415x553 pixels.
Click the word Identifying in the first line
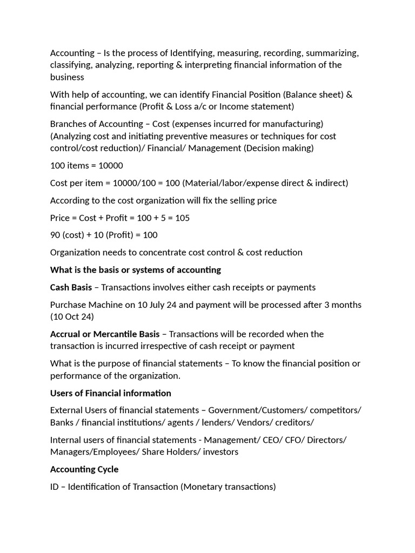point(194,53)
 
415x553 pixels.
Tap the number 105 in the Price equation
point(182,218)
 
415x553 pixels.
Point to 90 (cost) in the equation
point(69,235)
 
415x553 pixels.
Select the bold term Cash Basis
point(71,287)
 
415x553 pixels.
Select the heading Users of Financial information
point(110,393)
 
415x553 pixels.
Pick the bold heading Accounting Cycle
point(84,469)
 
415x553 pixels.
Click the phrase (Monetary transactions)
point(228,487)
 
